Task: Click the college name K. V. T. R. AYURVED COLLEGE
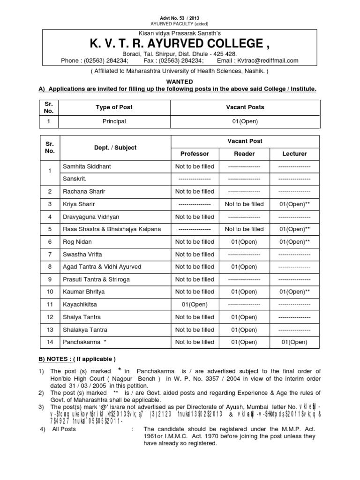pyautogui.click(x=180, y=44)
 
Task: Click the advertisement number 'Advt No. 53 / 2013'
pyautogui.click(x=180, y=18)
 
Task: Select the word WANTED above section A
pyautogui.click(x=180, y=81)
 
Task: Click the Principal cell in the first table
pyautogui.click(x=114, y=121)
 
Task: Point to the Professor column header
pyautogui.click(x=195, y=154)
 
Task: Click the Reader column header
pyautogui.click(x=244, y=154)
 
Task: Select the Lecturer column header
pyautogui.click(x=294, y=154)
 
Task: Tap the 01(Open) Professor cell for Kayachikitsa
pyautogui.click(x=195, y=305)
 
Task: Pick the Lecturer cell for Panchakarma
pyautogui.click(x=294, y=343)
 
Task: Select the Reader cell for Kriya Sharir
pyautogui.click(x=244, y=204)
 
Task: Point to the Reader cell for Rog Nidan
pyautogui.click(x=244, y=242)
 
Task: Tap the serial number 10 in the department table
pyautogui.click(x=50, y=292)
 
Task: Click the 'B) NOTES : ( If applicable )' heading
pyautogui.click(x=76, y=359)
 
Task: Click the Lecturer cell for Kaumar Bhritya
pyautogui.click(x=294, y=292)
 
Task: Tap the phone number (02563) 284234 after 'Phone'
pyautogui.click(x=101, y=61)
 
